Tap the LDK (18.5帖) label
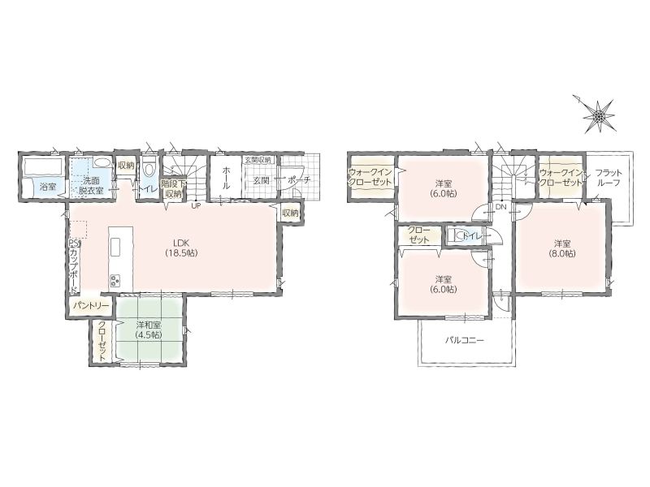coord(182,248)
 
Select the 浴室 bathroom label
coord(48,187)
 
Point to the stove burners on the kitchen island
coord(115,281)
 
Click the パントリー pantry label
coord(91,306)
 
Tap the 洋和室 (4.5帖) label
coord(148,330)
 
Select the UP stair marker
coord(196,206)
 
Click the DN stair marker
coord(500,207)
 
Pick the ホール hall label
coord(227,178)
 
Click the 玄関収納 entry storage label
coord(258,159)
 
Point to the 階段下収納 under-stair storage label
coord(171,188)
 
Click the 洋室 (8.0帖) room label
coord(565,248)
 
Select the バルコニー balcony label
coord(465,341)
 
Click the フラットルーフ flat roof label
coord(608,177)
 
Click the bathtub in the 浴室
coord(43,166)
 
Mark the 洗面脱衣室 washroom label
coord(91,186)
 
